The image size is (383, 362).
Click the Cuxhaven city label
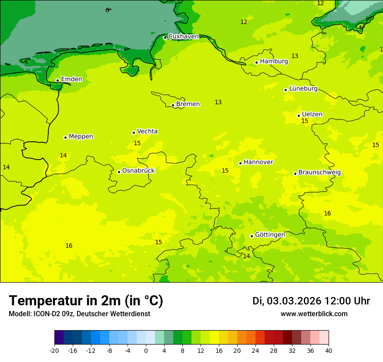point(183,37)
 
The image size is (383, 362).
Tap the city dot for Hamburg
point(256,62)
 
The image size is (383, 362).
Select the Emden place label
point(71,79)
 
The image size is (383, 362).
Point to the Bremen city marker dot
point(173,105)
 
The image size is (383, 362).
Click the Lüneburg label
point(303,89)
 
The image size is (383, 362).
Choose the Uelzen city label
point(312,114)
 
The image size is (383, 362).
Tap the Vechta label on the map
point(147,131)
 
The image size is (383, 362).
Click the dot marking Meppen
point(65,137)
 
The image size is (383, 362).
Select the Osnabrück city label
point(138,171)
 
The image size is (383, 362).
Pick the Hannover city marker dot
point(240,163)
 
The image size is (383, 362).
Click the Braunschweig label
point(319,172)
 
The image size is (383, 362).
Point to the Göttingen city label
point(270,235)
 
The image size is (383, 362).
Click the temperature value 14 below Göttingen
point(246,256)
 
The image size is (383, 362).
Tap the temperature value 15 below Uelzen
point(305,121)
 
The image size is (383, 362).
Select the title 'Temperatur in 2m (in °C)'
point(86,301)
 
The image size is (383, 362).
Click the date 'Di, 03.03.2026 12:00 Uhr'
point(311,301)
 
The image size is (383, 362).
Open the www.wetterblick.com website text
point(314,314)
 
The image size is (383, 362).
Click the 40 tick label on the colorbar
point(329,350)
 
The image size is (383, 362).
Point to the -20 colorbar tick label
point(54,350)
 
